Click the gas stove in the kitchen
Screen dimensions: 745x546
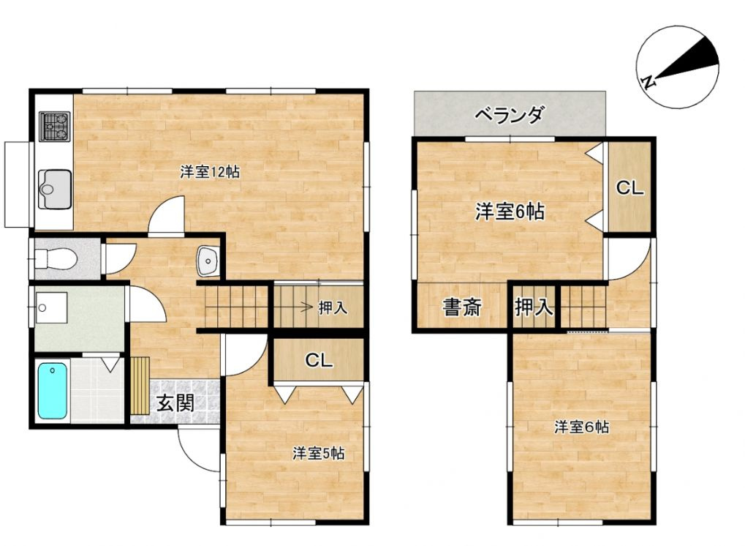(55, 126)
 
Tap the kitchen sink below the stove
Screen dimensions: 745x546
(55, 189)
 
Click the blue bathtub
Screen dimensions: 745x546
(52, 391)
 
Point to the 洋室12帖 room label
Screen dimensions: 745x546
(210, 172)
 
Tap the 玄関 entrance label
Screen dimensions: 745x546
(175, 403)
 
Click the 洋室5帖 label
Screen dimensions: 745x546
(318, 453)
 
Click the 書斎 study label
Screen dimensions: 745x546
(462, 307)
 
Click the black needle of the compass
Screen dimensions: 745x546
(686, 61)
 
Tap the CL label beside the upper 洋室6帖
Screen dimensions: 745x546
(629, 188)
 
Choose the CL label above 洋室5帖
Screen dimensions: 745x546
(319, 361)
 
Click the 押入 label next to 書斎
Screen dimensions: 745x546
(534, 307)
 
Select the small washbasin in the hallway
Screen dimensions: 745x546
(207, 261)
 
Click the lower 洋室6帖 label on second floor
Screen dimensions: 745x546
(581, 427)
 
